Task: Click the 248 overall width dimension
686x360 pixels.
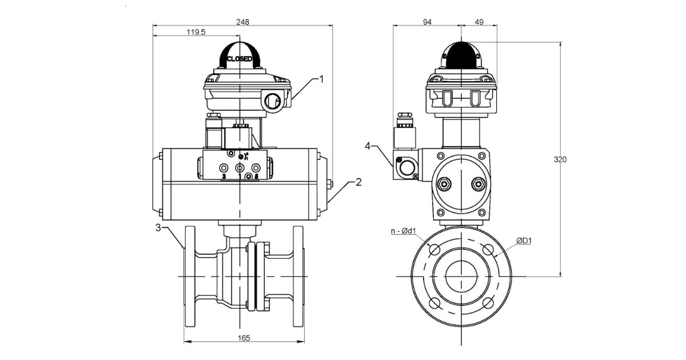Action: (243, 22)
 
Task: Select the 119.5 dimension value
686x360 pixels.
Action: (196, 32)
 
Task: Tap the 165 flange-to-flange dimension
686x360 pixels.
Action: (244, 338)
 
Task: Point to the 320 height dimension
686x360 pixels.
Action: (560, 159)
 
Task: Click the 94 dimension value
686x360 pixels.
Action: (426, 22)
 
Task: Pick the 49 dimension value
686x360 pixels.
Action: (479, 22)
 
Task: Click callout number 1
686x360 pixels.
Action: (321, 79)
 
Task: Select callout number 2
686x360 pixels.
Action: (358, 182)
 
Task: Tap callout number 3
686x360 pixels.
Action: (158, 228)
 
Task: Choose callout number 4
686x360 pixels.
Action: (368, 146)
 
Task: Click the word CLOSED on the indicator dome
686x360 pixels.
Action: (240, 59)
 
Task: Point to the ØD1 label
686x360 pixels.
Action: (524, 241)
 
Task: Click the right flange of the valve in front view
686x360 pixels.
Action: (298, 277)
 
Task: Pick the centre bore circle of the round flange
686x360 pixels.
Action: (461, 277)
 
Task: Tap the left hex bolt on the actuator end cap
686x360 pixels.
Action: (443, 184)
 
